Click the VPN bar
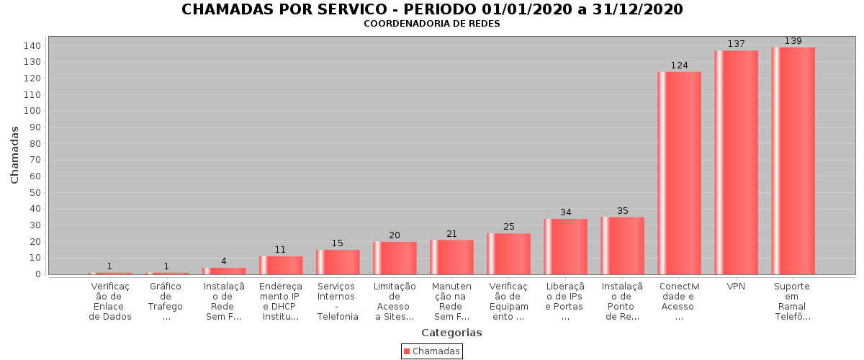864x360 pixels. pos(736,162)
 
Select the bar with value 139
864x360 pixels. pos(793,161)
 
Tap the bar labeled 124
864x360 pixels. pos(679,173)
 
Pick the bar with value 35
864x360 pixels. pos(622,246)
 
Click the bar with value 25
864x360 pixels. pos(508,253)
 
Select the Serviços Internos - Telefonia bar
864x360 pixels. pos(338,262)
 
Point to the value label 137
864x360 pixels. pos(736,44)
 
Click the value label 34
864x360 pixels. pos(565,212)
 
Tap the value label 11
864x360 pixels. pos(280,250)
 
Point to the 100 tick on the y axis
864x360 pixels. pos(33,111)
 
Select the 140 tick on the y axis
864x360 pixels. pos(33,45)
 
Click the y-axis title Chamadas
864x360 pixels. pos(14,154)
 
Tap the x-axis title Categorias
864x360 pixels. pos(451,333)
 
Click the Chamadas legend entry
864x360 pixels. pos(431,351)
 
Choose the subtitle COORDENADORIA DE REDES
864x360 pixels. pos(431,24)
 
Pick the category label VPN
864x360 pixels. pos(736,287)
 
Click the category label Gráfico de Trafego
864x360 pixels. pos(166,302)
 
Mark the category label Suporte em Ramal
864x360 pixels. pos(792,302)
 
